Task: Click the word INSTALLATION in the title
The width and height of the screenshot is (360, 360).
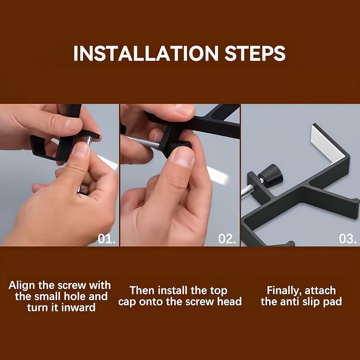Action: pyautogui.click(x=146, y=53)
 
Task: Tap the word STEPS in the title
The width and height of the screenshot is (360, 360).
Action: pyautogui.click(x=255, y=53)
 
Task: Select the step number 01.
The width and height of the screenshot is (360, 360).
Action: pyautogui.click(x=107, y=239)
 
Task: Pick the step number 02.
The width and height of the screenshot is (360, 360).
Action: pyautogui.click(x=227, y=239)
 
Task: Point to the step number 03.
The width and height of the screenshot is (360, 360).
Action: pyautogui.click(x=348, y=239)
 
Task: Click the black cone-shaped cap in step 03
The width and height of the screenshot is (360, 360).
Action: pyautogui.click(x=271, y=175)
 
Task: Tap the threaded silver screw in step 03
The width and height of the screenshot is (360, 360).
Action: pyautogui.click(x=247, y=191)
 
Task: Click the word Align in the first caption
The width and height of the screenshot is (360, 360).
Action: pyautogui.click(x=22, y=286)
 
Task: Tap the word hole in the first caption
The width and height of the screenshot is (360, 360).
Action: pyautogui.click(x=75, y=297)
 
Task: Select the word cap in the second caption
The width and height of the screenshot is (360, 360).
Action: pyautogui.click(x=127, y=302)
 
